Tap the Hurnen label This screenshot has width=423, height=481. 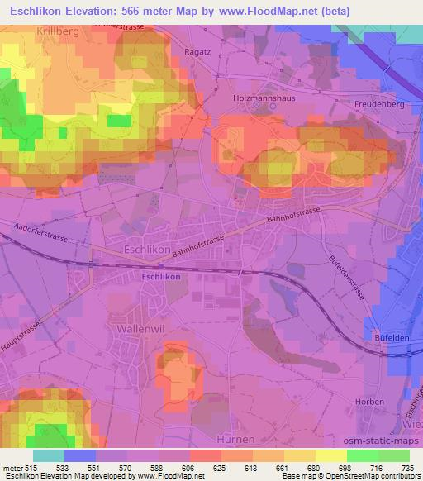coord(233,439)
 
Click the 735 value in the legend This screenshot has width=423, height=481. coord(408,468)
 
